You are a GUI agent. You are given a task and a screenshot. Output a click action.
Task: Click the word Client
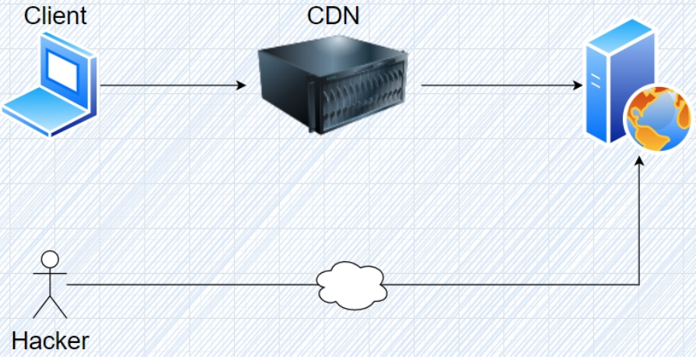tap(55, 15)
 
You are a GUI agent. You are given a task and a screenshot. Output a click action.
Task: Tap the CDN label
tap(334, 15)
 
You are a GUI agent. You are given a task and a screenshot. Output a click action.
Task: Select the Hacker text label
tap(51, 340)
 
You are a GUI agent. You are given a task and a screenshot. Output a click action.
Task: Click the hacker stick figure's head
tap(51, 259)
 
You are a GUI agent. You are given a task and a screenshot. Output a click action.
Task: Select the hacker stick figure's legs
tap(51, 305)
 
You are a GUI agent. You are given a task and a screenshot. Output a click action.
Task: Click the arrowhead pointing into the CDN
tap(241, 85)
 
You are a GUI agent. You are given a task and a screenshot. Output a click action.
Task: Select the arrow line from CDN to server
tap(498, 85)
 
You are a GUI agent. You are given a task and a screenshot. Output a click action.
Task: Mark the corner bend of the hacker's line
tap(639, 285)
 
